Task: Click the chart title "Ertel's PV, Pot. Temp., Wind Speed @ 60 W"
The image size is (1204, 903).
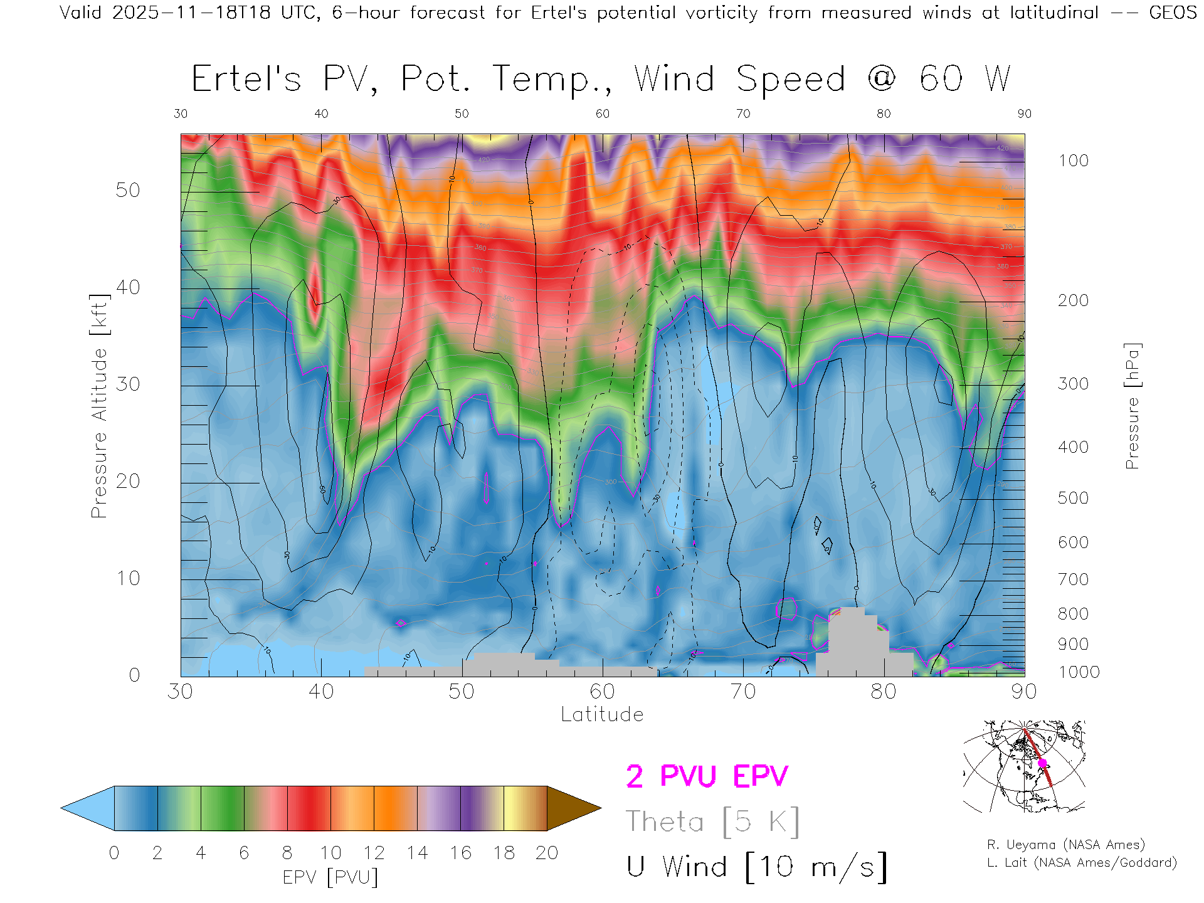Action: tap(601, 80)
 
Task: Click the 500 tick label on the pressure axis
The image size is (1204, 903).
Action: tap(1073, 499)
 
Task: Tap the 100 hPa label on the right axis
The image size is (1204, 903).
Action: tap(1073, 161)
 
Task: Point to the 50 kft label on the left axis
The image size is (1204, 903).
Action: tap(127, 191)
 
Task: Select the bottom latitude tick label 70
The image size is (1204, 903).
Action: tap(743, 692)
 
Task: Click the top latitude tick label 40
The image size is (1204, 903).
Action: tap(321, 114)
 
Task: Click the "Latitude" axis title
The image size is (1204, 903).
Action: tap(602, 715)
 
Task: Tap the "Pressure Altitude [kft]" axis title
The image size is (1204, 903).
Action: tap(99, 406)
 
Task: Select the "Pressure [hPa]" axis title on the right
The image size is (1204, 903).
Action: tap(1132, 406)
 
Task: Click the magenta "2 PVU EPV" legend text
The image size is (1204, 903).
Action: tap(707, 777)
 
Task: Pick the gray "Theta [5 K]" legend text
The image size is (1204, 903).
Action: tap(712, 821)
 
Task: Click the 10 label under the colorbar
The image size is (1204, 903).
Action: tap(330, 853)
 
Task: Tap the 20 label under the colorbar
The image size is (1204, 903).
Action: tap(547, 853)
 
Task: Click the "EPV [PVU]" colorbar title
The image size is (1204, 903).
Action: tap(330, 877)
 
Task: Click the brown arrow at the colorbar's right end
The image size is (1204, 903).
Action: tap(572, 808)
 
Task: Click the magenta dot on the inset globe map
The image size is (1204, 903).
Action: tap(1042, 763)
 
